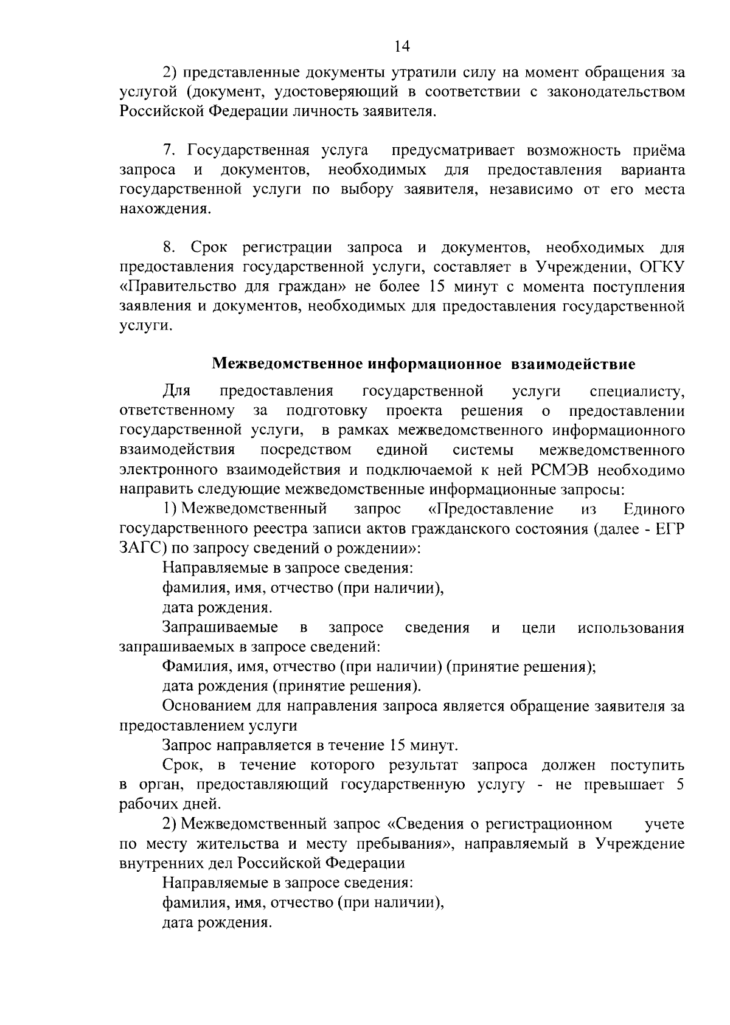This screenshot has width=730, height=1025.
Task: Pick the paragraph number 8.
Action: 169,248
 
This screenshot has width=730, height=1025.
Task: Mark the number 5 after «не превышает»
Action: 680,785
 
